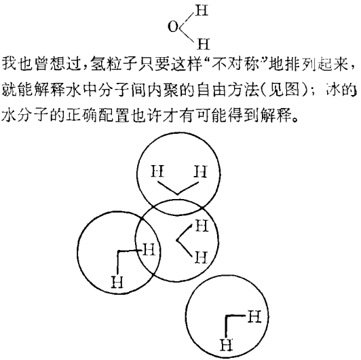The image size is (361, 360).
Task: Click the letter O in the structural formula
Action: click(x=173, y=26)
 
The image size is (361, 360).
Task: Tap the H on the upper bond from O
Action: click(x=202, y=10)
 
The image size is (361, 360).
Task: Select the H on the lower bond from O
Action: click(x=204, y=44)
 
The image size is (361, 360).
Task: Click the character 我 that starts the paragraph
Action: click(x=9, y=63)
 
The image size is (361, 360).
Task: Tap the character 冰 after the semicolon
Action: click(x=332, y=89)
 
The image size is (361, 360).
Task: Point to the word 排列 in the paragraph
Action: click(x=300, y=63)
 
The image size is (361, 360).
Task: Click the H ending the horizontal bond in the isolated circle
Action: click(x=254, y=317)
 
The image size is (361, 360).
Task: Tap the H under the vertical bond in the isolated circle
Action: click(x=227, y=344)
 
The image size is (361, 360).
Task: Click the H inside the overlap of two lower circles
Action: click(x=149, y=249)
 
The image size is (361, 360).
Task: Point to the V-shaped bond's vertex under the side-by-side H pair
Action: click(x=177, y=194)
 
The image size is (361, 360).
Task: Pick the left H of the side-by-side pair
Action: click(x=157, y=171)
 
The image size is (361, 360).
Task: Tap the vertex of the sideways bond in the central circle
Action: click(x=177, y=240)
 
